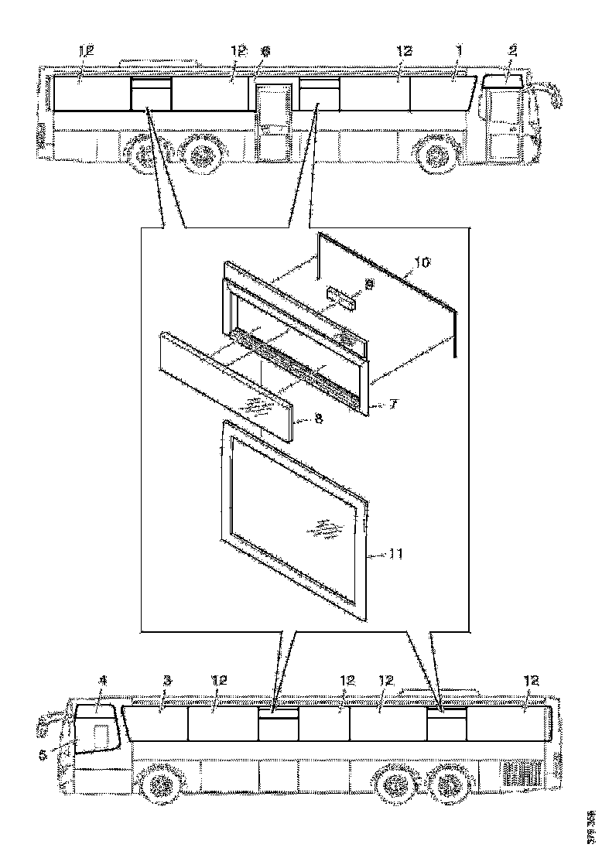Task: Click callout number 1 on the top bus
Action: [458, 50]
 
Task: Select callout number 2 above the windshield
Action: [511, 50]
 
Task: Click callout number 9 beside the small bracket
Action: [368, 285]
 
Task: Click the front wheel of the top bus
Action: [435, 157]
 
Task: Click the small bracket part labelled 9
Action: [343, 298]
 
